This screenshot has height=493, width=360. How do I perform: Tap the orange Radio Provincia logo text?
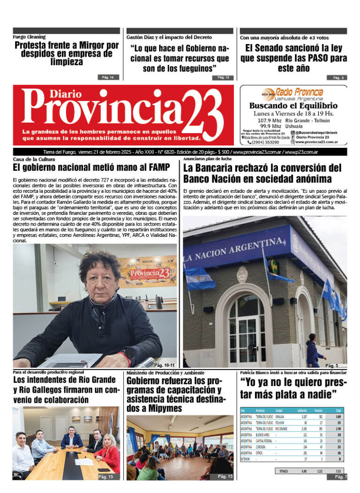coord(299,91)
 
